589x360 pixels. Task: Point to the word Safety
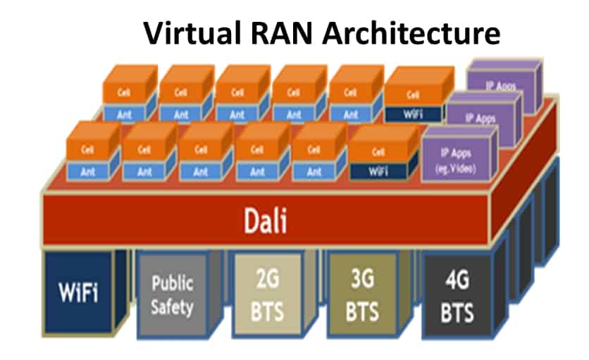click(172, 307)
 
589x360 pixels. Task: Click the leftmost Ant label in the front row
click(89, 171)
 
